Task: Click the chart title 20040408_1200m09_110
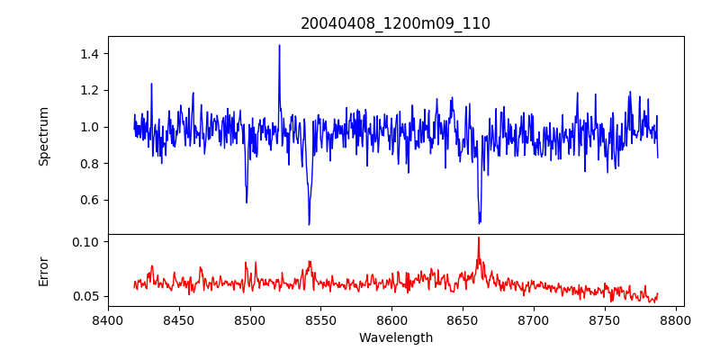pos(395,23)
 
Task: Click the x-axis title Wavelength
pos(395,337)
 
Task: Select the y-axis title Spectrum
pos(44,136)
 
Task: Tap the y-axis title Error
pos(44,271)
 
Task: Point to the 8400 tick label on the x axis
pos(108,319)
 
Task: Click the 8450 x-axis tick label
pos(179,319)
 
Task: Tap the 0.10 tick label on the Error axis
pos(86,242)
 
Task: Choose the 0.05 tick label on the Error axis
pos(86,296)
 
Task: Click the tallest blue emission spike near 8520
pos(279,46)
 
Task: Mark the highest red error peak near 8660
pos(478,238)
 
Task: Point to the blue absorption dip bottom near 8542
pos(309,223)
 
